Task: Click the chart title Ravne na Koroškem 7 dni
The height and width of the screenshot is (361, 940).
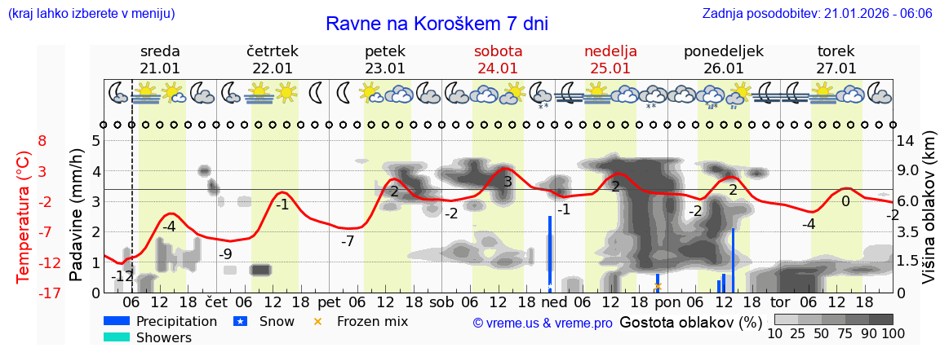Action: [437, 24]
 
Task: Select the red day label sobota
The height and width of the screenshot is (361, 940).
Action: [498, 51]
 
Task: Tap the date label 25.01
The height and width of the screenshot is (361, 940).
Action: [610, 68]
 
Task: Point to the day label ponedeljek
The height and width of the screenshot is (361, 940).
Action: [723, 51]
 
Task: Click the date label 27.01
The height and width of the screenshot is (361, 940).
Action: [836, 68]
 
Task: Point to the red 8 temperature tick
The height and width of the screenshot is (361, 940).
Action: [42, 140]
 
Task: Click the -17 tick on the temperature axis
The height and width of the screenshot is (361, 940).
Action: [38, 293]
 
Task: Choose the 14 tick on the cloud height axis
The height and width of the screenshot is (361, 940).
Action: [907, 140]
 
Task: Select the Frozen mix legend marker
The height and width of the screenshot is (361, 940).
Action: [317, 321]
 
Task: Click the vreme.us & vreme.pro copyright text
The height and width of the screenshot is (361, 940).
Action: [543, 323]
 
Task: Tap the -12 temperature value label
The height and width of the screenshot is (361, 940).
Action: [122, 276]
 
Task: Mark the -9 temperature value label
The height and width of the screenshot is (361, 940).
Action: [226, 253]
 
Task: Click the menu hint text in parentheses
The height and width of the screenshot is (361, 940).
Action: [91, 14]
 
